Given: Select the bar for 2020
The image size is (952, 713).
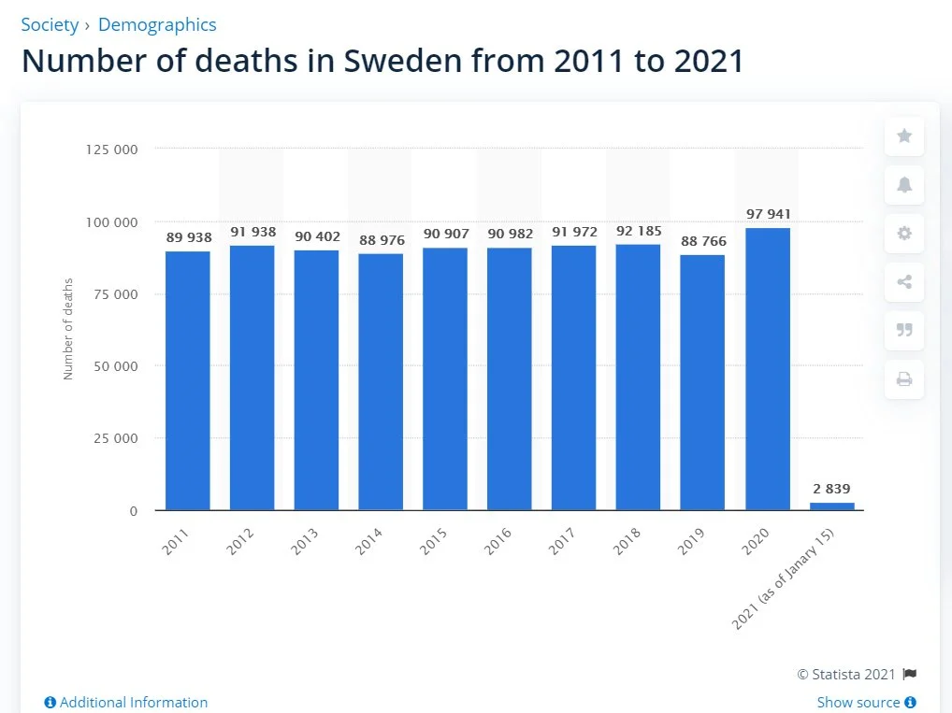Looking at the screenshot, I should pos(768,369).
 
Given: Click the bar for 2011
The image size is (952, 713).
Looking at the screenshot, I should pos(188,380).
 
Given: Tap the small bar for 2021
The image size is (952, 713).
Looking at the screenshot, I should pos(831,506).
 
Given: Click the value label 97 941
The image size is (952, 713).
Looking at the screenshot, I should pos(768,214).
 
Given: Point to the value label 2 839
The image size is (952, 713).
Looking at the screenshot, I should pos(831,489).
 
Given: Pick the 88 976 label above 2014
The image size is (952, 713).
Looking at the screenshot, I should pos(382,240).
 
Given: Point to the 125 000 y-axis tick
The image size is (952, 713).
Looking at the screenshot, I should pos(111,150).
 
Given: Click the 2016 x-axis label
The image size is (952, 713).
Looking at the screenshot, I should pos(498,541).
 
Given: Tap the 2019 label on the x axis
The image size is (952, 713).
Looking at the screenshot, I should pos(692,541).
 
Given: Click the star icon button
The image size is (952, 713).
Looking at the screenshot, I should pos(904,136).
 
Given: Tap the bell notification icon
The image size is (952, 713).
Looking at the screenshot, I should pos(904,185).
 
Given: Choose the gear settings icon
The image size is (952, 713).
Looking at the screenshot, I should pos(904,234).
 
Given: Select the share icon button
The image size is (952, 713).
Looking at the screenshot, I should pos(904,282).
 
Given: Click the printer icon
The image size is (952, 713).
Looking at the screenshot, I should pos(904,379).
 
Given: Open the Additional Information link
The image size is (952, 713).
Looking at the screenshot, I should pos(126,702).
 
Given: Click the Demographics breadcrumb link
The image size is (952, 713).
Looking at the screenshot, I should pos(157,24).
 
